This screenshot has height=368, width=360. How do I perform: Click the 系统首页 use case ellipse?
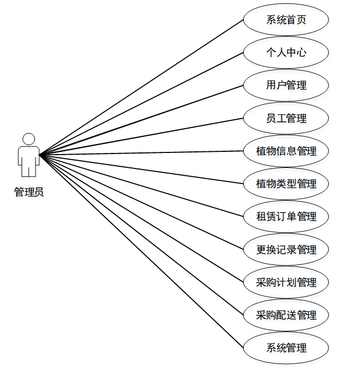pos(286,20)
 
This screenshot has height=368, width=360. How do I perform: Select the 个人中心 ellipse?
pos(286,53)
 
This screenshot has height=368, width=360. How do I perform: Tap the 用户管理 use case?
pos(286,85)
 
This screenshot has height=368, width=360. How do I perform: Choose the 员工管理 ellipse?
pos(286,118)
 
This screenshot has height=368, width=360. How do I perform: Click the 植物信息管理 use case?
pos(286,151)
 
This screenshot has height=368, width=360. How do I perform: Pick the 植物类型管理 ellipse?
pos(286,183)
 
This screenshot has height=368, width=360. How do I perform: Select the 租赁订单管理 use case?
pos(286,216)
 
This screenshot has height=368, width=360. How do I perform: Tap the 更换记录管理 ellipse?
pos(286,249)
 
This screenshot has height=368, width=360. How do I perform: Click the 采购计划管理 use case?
pos(286,282)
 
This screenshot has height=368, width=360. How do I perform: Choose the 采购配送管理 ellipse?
pos(286,315)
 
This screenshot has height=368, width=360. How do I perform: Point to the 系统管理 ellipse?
pos(286,348)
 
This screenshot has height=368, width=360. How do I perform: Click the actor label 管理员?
pos(29,193)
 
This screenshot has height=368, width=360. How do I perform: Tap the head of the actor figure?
pos(29,139)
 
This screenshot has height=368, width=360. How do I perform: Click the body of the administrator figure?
pos(29,158)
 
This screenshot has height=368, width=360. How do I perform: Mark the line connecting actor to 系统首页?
pos(141,87)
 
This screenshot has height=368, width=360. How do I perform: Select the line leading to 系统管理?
pos(141,251)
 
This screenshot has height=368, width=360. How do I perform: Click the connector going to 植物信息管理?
pos(141,152)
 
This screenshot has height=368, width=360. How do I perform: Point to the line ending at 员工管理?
pos(141,136)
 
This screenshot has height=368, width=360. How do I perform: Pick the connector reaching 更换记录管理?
pos(141,201)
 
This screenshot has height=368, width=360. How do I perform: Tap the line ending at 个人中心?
pos(141,103)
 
